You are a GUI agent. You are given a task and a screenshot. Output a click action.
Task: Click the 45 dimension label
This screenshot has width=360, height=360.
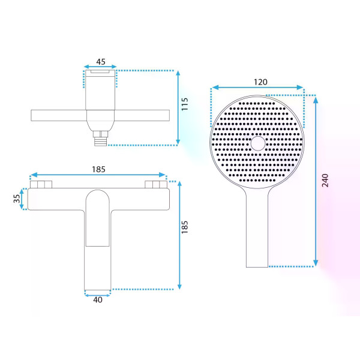[x=101, y=62]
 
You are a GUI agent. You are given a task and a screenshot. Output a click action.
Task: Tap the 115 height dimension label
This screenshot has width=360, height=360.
[x=185, y=104]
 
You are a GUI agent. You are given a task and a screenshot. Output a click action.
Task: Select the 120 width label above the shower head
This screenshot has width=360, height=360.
[x=260, y=82]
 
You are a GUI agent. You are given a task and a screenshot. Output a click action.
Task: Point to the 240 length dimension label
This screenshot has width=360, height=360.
[x=325, y=181]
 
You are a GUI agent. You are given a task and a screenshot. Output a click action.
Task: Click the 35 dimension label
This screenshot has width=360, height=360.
[x=17, y=199]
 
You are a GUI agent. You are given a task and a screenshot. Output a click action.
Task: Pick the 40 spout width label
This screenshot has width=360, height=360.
[x=98, y=299]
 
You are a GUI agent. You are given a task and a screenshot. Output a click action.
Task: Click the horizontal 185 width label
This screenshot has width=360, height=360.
[x=98, y=169]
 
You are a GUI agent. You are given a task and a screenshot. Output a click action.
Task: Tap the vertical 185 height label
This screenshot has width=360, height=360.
[x=185, y=227]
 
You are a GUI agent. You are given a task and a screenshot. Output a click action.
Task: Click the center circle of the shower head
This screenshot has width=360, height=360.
[x=258, y=143]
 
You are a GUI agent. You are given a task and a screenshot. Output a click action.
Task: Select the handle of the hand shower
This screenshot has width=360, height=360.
[x=257, y=230]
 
